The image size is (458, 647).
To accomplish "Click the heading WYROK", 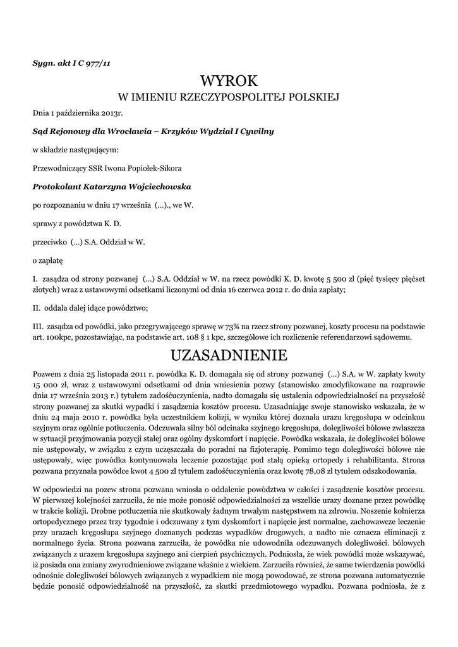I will [229, 82].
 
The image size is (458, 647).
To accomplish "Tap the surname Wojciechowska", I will [155, 186].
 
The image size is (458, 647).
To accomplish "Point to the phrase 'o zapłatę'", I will [47, 259].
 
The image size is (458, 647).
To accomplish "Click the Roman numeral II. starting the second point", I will [37, 308].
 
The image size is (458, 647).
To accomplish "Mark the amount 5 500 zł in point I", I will [331, 277].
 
